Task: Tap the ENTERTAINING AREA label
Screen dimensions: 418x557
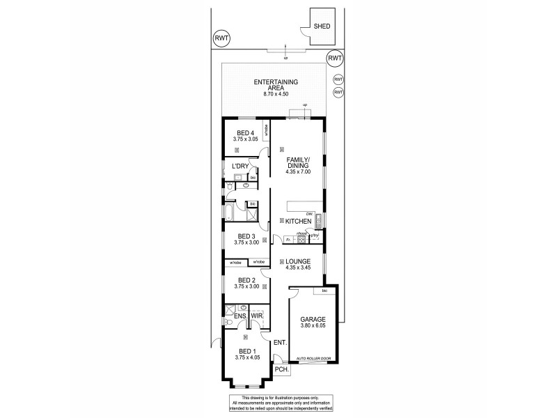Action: [273, 86]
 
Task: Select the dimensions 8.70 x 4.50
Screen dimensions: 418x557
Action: [273, 94]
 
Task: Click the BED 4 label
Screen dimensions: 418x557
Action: [244, 134]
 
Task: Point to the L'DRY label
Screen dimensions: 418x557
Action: [240, 167]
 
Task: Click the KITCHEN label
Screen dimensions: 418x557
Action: [297, 222]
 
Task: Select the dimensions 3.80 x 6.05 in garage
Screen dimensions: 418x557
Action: [313, 326]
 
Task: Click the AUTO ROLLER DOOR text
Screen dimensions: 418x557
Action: [313, 358]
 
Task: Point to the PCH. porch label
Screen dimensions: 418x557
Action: [281, 369]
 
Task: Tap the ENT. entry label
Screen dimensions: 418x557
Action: [281, 342]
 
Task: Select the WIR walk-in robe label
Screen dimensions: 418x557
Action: [257, 316]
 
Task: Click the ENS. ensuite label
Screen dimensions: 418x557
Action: [240, 316]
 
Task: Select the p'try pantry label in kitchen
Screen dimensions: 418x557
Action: [315, 235]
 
